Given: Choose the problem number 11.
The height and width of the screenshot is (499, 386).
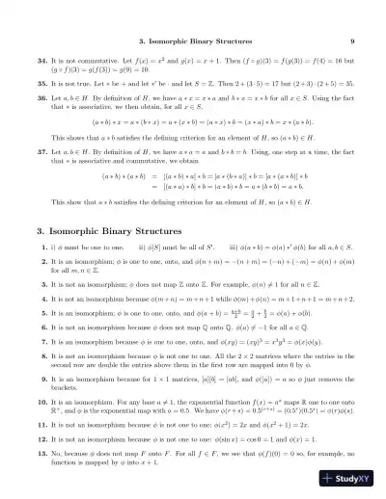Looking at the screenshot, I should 42,450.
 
